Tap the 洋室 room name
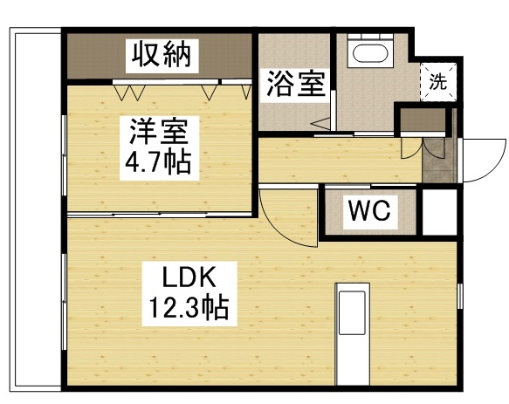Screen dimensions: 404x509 pos(158,132)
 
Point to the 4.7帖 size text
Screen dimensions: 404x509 pos(158,162)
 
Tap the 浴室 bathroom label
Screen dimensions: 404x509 pos(297,86)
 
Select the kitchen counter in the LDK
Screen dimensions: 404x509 pos(353,337)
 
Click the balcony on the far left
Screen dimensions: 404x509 pos(35,209)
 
